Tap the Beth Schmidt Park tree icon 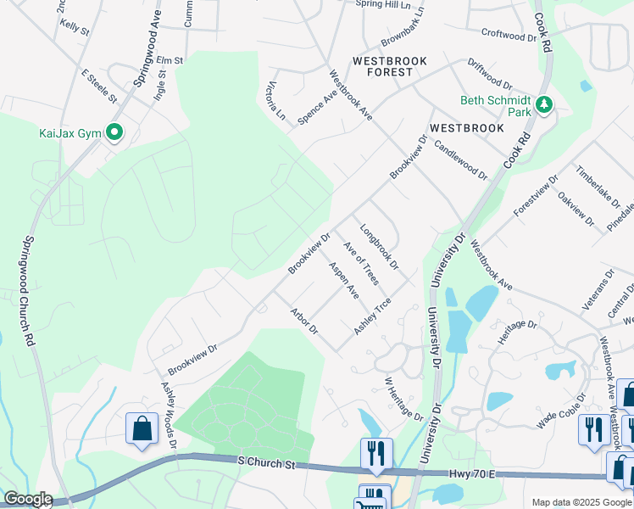pyautogui.click(x=543, y=106)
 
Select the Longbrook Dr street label pyautogui.click(x=378, y=248)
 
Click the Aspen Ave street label pyautogui.click(x=343, y=280)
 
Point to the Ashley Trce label pyautogui.click(x=372, y=316)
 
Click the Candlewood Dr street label pyautogui.click(x=461, y=159)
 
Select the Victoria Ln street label pyautogui.click(x=276, y=100)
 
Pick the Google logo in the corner pyautogui.click(x=27, y=499)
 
